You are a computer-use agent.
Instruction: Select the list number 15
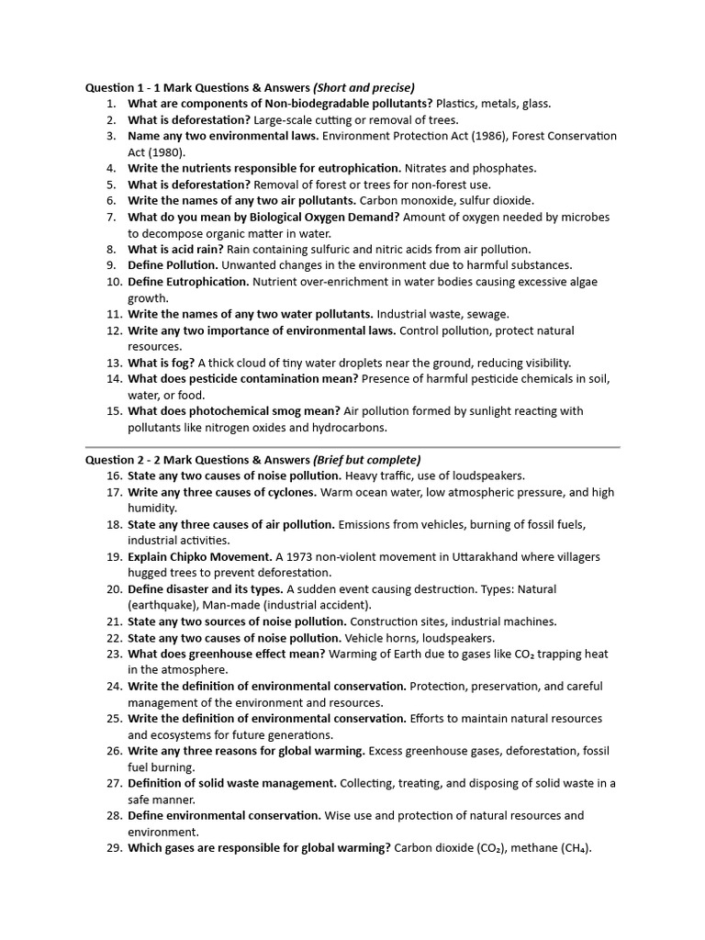pyautogui.click(x=114, y=411)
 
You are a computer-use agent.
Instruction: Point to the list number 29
pyautogui.click(x=114, y=848)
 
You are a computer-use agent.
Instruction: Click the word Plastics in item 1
pyautogui.click(x=458, y=104)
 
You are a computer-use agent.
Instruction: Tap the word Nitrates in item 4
pyautogui.click(x=427, y=168)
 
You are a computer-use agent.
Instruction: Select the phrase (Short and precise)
pyautogui.click(x=364, y=87)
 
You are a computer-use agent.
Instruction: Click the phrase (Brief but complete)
pyautogui.click(x=367, y=460)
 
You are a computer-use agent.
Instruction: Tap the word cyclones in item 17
pyautogui.click(x=292, y=492)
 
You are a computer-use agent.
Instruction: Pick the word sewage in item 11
pyautogui.click(x=487, y=314)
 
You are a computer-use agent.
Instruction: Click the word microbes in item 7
pyautogui.click(x=586, y=217)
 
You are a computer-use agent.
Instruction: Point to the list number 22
pyautogui.click(x=114, y=638)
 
